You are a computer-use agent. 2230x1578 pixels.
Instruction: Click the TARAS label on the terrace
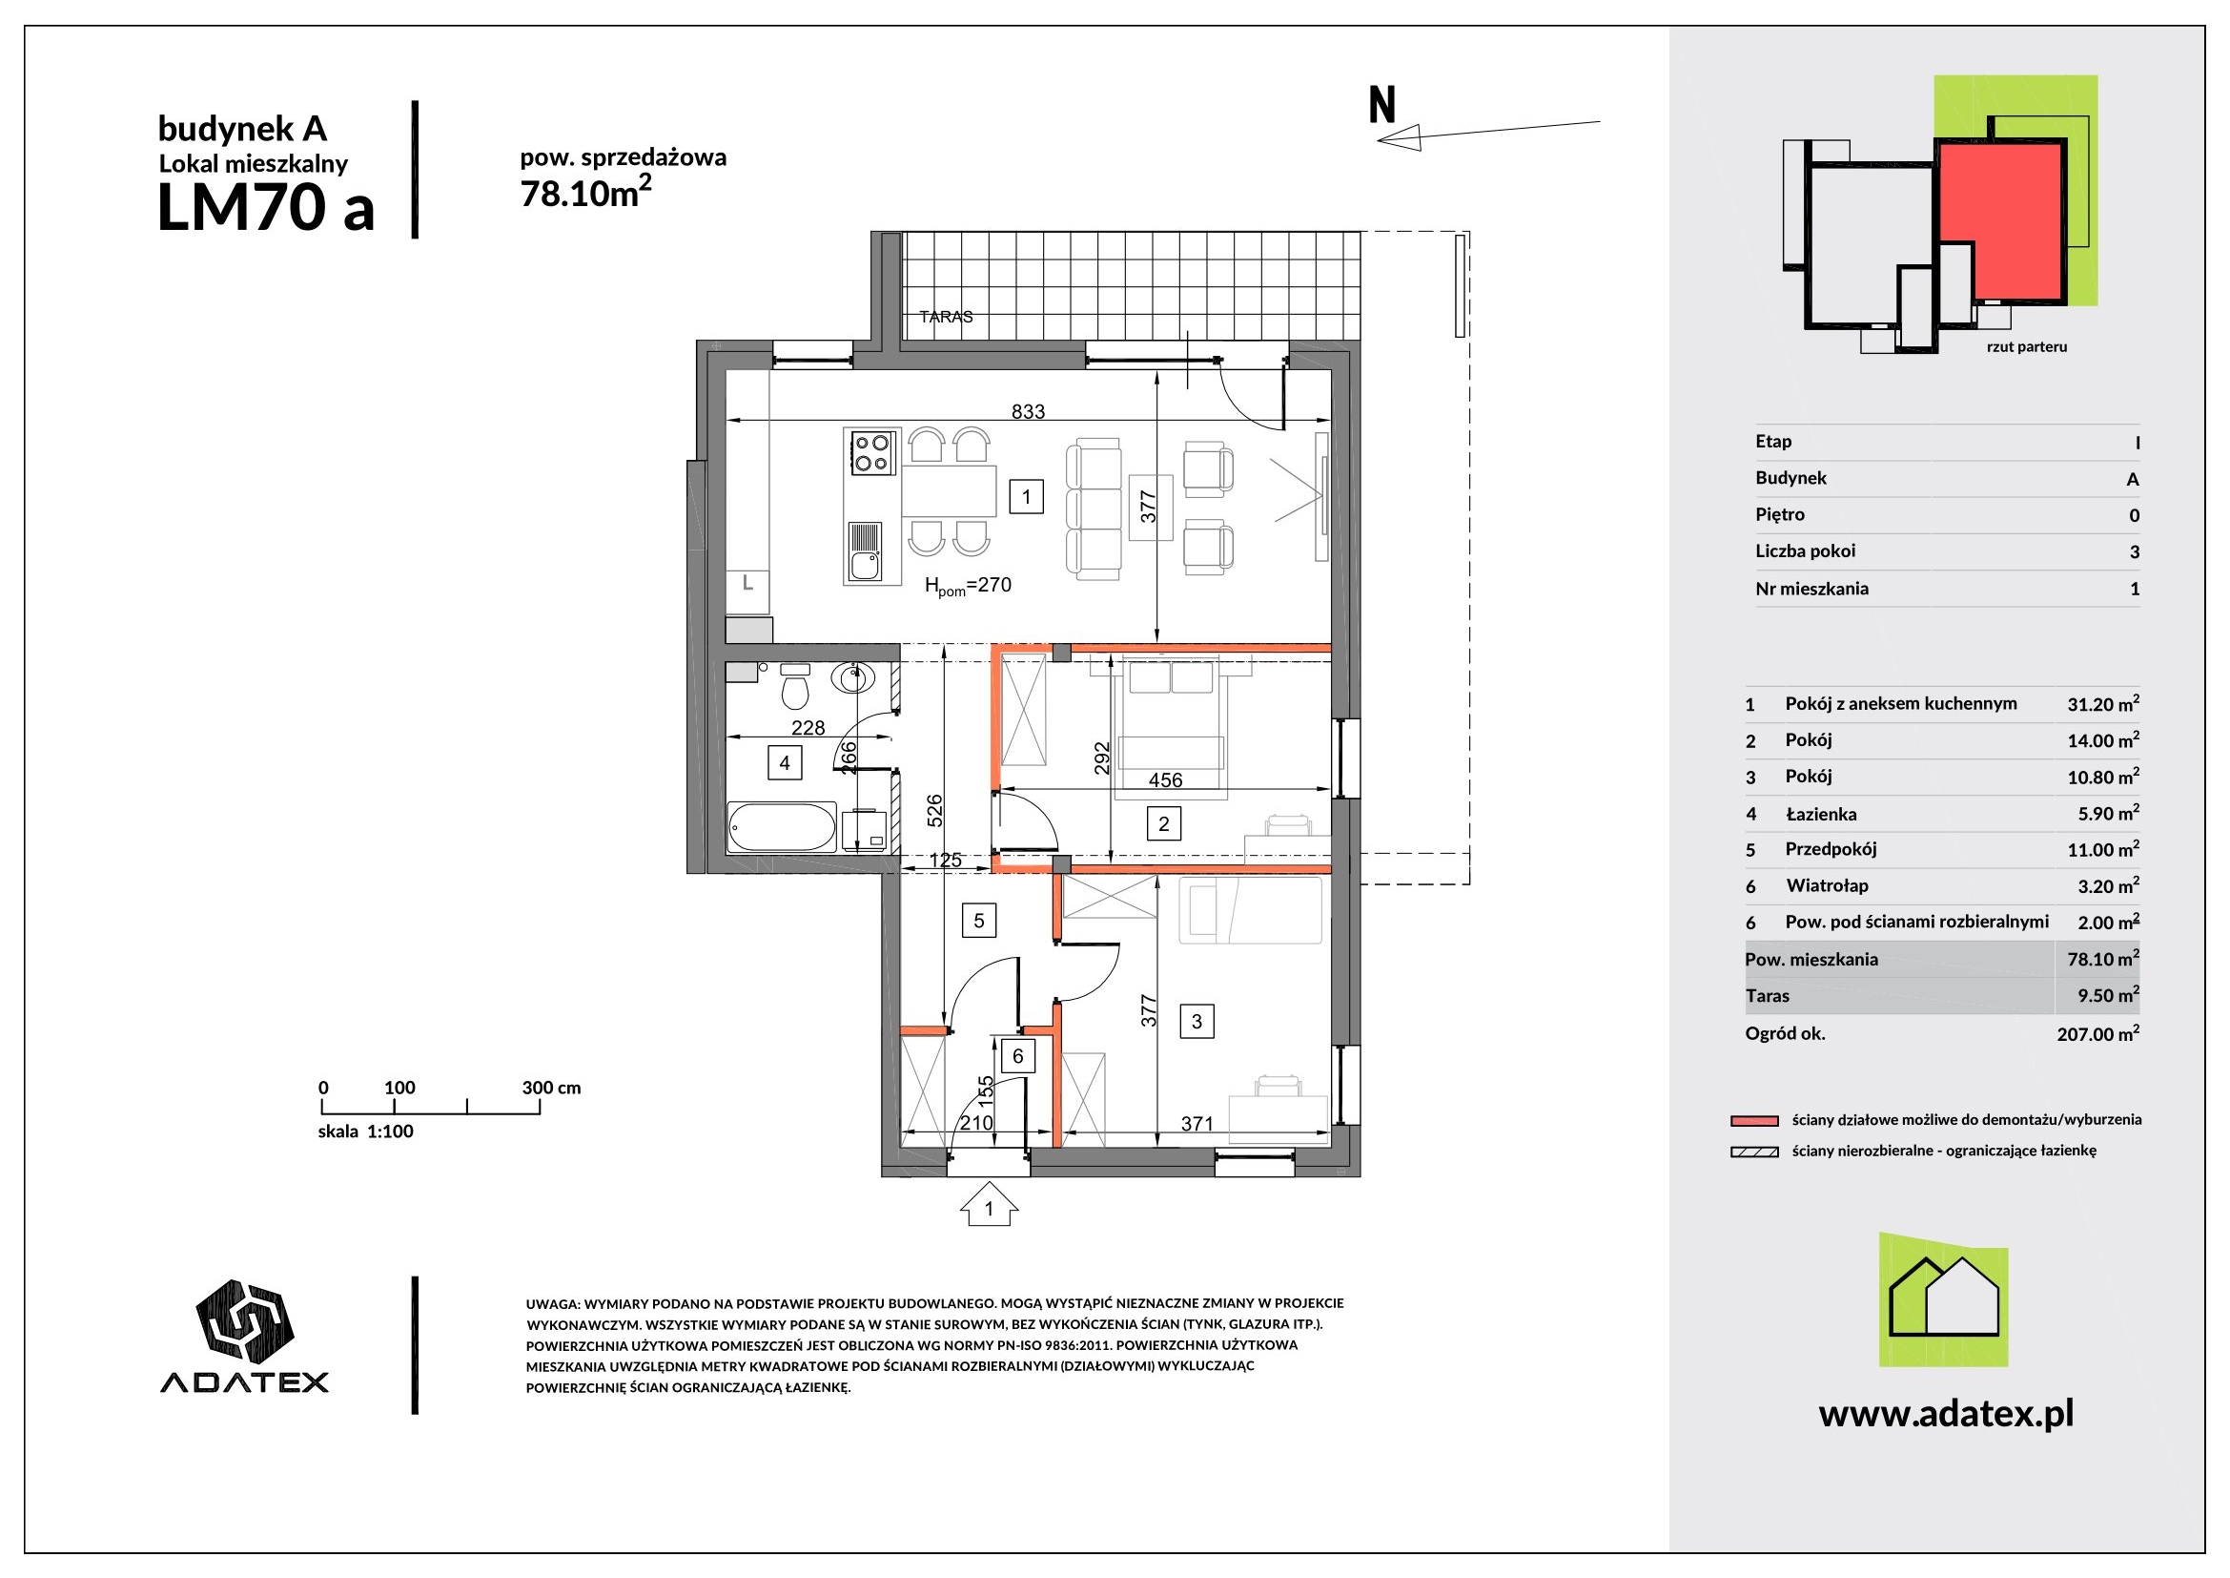click(945, 317)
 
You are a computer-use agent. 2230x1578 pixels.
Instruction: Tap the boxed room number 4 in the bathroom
click(784, 763)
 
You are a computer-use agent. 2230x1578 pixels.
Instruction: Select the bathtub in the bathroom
click(782, 827)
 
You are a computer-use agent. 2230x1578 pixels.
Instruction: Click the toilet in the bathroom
click(795, 687)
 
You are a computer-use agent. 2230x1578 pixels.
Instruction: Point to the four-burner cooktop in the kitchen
click(872, 453)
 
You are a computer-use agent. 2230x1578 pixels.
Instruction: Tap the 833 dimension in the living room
click(1028, 412)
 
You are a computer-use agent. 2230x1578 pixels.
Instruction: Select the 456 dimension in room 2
click(1165, 780)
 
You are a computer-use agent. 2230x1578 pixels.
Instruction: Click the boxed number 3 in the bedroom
click(1197, 1021)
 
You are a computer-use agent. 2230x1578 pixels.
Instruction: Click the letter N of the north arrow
click(1381, 105)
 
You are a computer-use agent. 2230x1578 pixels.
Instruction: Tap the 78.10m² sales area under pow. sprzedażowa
click(585, 193)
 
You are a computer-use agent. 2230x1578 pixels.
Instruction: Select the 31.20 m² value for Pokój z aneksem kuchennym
click(2103, 703)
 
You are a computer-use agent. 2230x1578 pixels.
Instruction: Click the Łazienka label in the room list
click(1821, 814)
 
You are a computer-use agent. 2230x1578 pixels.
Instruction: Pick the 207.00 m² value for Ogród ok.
click(2097, 1034)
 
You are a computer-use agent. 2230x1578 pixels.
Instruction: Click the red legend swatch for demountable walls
click(1754, 1120)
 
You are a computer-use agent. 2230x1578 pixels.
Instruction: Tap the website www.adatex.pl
click(1946, 1414)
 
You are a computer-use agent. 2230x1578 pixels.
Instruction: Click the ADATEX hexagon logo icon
click(245, 1320)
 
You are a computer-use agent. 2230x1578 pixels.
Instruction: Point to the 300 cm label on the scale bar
click(551, 1088)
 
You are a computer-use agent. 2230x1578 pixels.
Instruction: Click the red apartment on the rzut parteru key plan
click(2000, 219)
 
